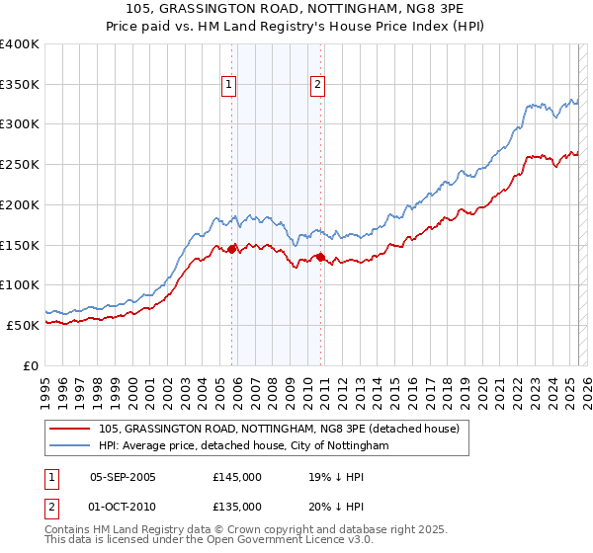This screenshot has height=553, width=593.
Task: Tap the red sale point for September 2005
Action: point(232,249)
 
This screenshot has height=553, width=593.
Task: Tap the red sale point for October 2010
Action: point(321,257)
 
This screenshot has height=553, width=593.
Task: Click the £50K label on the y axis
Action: point(23,325)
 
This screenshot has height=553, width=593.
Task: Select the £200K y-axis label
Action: point(20,204)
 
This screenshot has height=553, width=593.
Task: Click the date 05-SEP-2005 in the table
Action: point(123,476)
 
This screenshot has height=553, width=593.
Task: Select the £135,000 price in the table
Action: point(237,507)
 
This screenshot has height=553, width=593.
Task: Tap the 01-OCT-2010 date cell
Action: point(123,507)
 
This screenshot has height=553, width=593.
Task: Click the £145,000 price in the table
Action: point(237,476)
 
